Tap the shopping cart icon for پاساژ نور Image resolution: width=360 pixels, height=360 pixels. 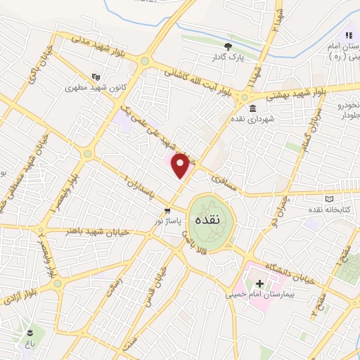[167, 210]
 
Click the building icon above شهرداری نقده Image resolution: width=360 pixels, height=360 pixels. [252, 109]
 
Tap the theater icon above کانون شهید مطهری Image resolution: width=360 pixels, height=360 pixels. [96, 78]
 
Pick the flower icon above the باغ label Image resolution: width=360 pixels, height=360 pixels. [30, 331]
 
